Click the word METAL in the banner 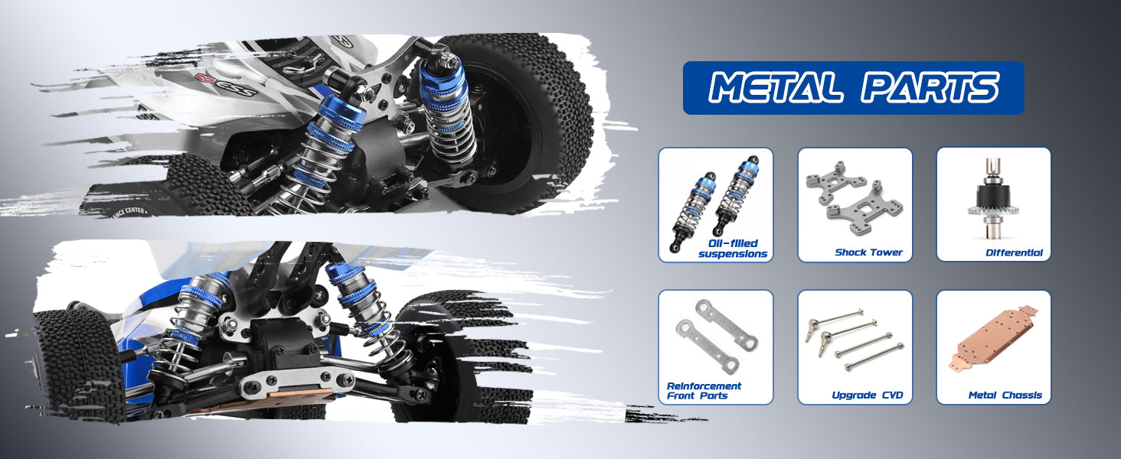click(775, 87)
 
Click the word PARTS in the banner click(930, 87)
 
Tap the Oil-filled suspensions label click(733, 249)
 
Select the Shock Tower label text click(869, 252)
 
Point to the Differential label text click(1014, 253)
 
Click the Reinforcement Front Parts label click(704, 390)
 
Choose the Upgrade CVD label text click(868, 395)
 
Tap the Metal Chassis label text click(1005, 395)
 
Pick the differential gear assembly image click(992, 200)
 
